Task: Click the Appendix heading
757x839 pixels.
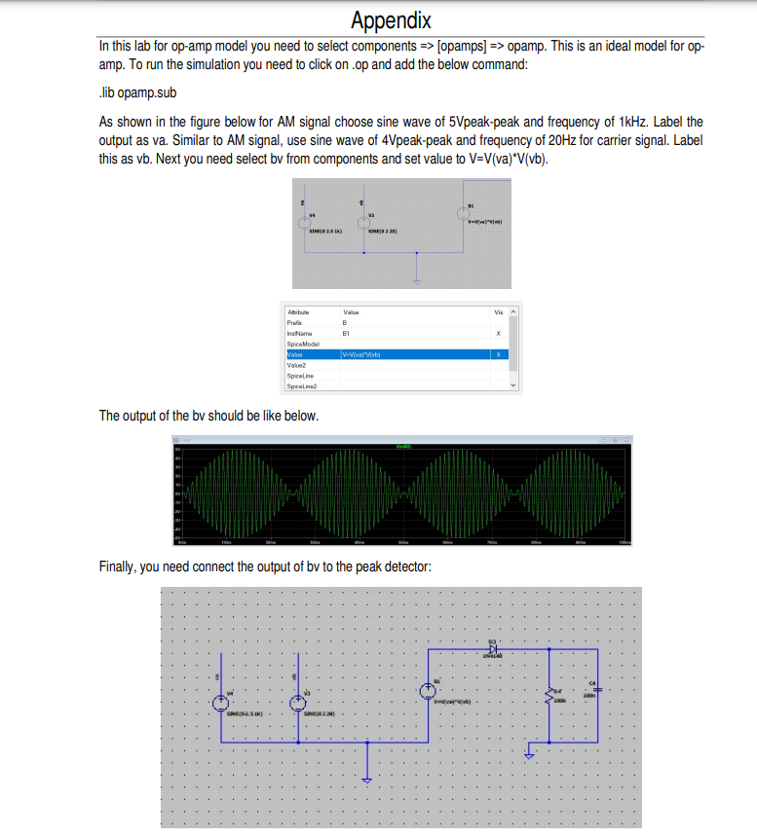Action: point(391,20)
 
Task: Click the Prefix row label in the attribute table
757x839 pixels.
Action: point(294,322)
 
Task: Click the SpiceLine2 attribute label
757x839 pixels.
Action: point(301,385)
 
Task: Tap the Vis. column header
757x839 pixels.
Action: point(499,311)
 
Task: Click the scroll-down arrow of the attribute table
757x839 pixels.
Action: point(513,385)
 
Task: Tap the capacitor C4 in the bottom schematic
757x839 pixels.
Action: point(596,688)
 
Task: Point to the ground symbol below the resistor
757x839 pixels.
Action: point(528,752)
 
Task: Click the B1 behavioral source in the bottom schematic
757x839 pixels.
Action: point(428,690)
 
